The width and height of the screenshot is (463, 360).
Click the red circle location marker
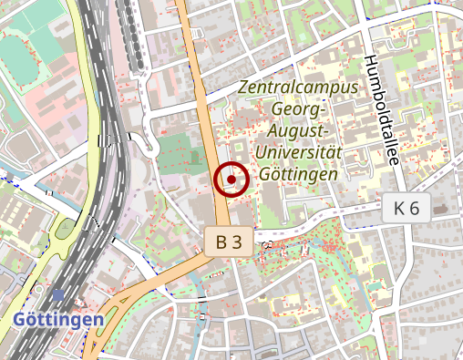click(231, 180)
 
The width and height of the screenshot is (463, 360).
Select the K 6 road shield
click(406, 208)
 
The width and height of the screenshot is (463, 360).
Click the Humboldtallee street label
click(381, 109)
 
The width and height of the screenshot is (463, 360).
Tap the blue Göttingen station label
click(57, 320)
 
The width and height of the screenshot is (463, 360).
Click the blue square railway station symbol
click(59, 294)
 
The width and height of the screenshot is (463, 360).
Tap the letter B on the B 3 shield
click(221, 242)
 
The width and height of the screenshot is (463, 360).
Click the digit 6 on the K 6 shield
click(414, 208)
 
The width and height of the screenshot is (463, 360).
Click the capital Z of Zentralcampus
click(242, 88)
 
